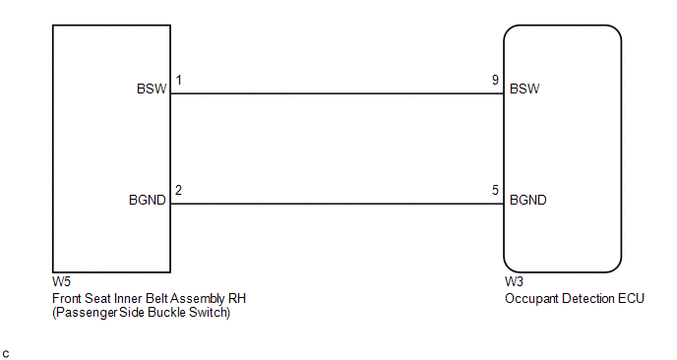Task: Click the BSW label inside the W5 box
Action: [x=152, y=89]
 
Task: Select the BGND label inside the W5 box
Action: [x=148, y=200]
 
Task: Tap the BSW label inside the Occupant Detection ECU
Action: [x=524, y=89]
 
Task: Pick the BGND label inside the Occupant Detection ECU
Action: [x=528, y=200]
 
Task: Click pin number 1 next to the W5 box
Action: [x=179, y=80]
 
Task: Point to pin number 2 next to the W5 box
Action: [x=178, y=190]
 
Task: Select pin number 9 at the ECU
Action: [x=495, y=80]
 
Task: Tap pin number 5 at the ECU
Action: [x=495, y=190]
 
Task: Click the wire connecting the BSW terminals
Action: [x=338, y=93]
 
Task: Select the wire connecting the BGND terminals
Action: [x=338, y=204]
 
